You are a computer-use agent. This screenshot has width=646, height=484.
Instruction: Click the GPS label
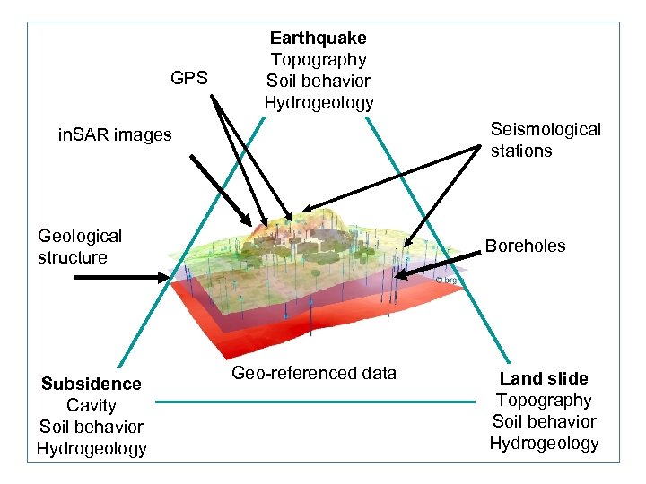[x=189, y=79]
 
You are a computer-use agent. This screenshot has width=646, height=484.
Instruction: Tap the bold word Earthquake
[x=319, y=39]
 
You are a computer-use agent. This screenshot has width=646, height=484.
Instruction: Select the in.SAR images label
[x=114, y=135]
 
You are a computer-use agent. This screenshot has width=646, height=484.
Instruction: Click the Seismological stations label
[x=546, y=140]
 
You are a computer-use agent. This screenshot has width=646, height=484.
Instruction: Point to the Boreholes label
[x=525, y=246]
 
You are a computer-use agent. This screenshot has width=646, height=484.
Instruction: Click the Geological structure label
[x=80, y=246]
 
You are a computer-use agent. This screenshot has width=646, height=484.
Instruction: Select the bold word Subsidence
[x=91, y=384]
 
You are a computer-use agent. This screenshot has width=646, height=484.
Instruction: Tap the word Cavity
[x=91, y=405]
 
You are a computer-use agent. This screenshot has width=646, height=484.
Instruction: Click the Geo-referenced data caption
[x=314, y=373]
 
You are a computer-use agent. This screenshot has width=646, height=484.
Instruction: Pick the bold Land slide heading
[x=544, y=378]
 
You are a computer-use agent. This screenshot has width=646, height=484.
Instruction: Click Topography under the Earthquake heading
[x=319, y=60]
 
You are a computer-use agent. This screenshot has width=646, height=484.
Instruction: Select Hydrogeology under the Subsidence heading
[x=91, y=448]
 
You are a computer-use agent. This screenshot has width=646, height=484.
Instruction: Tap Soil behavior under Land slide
[x=544, y=421]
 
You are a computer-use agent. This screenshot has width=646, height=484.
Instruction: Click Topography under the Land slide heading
[x=544, y=400]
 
